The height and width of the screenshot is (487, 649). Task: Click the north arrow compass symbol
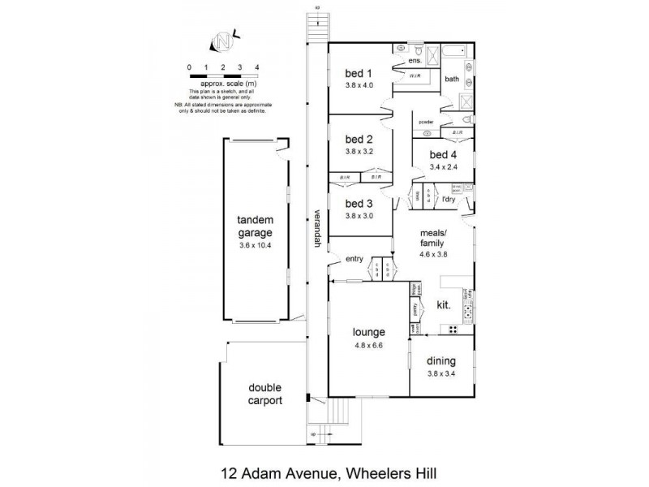click(221, 38)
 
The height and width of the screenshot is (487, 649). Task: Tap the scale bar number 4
click(256, 67)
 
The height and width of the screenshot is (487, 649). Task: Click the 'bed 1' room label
click(358, 72)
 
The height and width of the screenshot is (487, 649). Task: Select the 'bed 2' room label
click(358, 138)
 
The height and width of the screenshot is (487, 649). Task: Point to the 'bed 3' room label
click(358, 204)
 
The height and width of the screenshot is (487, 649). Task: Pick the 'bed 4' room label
click(443, 155)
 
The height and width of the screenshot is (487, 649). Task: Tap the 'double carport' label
click(265, 394)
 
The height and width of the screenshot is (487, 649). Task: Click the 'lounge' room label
click(367, 331)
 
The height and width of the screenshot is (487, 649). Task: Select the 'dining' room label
click(443, 361)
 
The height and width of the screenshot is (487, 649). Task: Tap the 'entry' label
click(355, 259)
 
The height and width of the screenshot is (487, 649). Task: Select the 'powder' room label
click(427, 122)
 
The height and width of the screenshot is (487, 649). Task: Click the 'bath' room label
click(452, 79)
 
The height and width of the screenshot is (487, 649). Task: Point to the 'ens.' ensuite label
click(414, 61)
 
